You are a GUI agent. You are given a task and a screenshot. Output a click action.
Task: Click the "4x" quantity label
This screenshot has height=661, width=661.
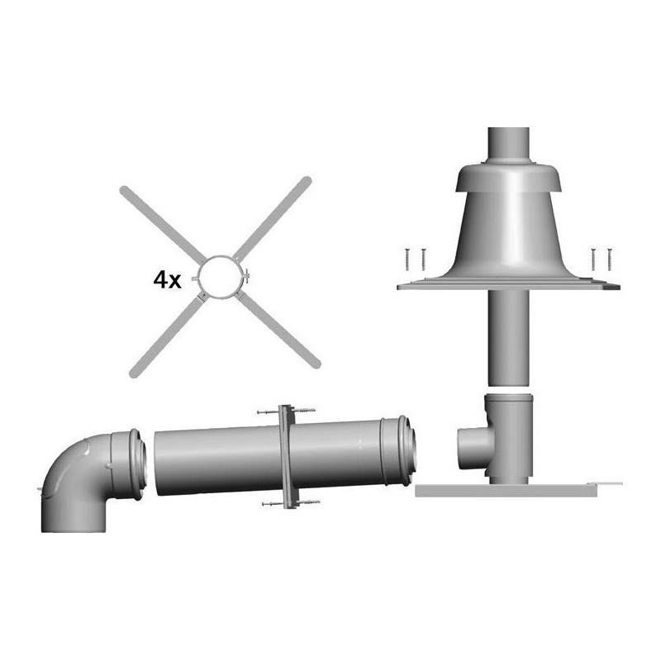coord(168,280)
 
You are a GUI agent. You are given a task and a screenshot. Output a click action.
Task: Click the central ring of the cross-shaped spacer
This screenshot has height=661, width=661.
coord(199,277)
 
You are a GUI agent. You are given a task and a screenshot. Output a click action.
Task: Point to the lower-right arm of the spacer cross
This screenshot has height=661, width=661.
coord(278,330)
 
